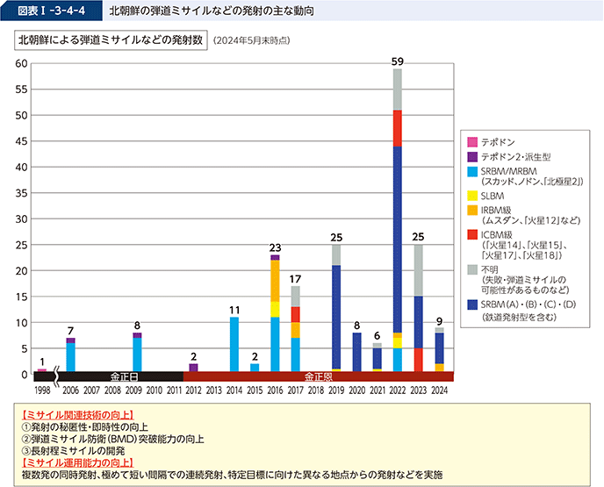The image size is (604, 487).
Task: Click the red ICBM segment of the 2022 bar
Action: coord(397,128)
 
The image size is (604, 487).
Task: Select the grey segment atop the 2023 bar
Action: coord(418,270)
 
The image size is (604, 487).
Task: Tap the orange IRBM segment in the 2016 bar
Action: coord(275,281)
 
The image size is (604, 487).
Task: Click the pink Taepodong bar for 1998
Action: coord(42,370)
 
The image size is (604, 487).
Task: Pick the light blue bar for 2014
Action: coord(234,344)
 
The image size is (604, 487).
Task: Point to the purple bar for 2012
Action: coord(193,368)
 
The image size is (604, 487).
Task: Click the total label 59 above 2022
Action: coord(397,61)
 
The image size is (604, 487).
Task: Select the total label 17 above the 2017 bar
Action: coord(296,279)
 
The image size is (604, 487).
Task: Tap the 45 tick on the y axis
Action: coord(22,141)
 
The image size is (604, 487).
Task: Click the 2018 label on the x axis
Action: coord(316,390)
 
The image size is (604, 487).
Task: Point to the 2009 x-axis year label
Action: coord(133,390)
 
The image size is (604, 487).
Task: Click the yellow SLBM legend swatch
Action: coord(472,196)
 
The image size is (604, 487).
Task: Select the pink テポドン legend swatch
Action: coord(472,142)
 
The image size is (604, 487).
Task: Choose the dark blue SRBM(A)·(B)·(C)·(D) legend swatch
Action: coord(472,304)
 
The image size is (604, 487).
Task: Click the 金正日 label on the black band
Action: coord(124,376)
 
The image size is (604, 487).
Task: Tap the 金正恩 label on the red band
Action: coord(318,376)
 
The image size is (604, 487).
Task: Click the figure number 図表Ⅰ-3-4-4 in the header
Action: coord(51,11)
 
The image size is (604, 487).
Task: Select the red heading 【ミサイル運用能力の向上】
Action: coord(77,462)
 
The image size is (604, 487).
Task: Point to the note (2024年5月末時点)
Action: coord(251,41)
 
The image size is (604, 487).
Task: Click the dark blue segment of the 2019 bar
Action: coord(336,317)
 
